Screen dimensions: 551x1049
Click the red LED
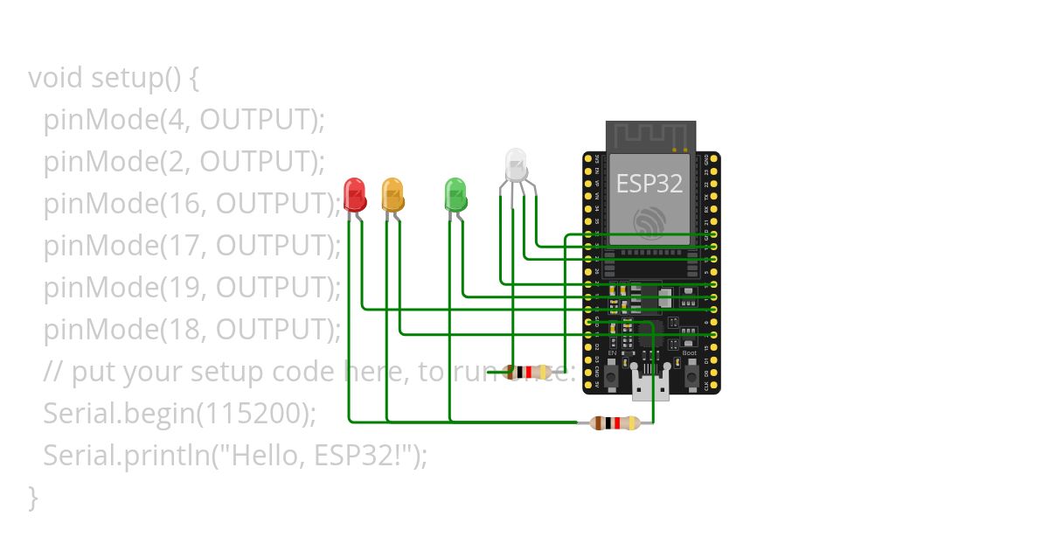(354, 194)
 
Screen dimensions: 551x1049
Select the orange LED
(393, 194)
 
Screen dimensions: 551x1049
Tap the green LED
(455, 194)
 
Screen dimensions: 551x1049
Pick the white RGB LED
(516, 165)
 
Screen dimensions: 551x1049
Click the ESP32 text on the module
(649, 184)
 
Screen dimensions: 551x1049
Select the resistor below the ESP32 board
(616, 423)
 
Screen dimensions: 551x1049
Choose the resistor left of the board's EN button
(528, 372)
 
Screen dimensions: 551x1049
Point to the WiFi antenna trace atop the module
(651, 136)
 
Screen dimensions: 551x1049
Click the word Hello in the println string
(266, 456)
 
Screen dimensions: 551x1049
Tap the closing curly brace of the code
(33, 497)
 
